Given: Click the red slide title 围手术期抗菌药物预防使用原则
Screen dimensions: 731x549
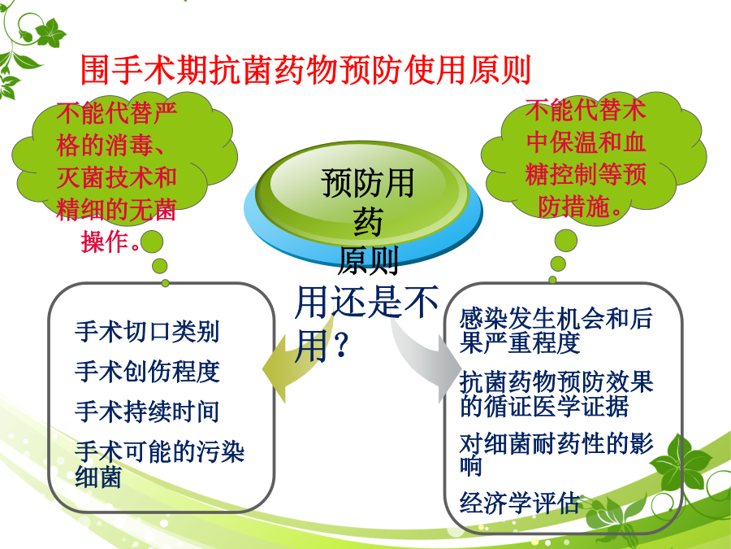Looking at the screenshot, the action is click(x=306, y=70).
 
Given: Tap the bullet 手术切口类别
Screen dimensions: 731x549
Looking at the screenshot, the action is click(x=147, y=332).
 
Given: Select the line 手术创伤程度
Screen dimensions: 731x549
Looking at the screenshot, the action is click(x=147, y=372).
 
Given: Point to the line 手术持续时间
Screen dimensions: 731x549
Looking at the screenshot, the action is click(x=147, y=412).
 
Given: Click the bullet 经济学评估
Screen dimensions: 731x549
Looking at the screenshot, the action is click(x=519, y=503).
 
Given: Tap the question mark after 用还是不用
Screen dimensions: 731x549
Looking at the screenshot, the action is click(x=341, y=346).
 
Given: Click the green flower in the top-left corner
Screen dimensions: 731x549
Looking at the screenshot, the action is click(x=50, y=33).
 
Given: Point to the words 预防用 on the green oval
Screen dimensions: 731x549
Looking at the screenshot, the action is click(x=367, y=183).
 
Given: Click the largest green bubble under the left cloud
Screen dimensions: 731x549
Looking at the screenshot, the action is click(x=152, y=242).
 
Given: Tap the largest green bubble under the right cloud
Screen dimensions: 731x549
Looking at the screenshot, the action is click(x=565, y=241).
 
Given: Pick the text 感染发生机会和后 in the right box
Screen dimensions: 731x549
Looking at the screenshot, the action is click(x=556, y=318).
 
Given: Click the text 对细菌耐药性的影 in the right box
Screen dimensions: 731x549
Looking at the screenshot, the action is click(x=556, y=443).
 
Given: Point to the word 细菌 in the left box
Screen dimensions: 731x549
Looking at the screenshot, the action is click(x=98, y=477).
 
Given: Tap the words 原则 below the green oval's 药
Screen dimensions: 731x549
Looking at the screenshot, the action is click(x=368, y=261).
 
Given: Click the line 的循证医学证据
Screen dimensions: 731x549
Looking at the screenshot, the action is click(x=543, y=406).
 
